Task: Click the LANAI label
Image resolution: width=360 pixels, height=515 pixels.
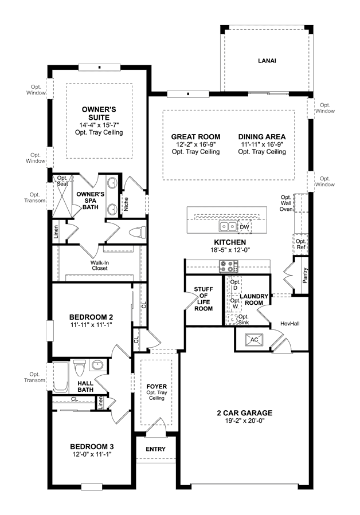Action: tap(267, 61)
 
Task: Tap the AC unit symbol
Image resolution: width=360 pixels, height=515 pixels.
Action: tap(254, 340)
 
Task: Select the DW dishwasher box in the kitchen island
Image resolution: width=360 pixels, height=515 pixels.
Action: tap(244, 227)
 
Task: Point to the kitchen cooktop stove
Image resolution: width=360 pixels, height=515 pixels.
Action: tap(229, 266)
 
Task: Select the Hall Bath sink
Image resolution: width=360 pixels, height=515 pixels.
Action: tap(97, 364)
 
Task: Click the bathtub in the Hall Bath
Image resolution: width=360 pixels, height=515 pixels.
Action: tap(61, 378)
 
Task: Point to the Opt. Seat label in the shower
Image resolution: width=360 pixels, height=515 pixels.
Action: tap(62, 181)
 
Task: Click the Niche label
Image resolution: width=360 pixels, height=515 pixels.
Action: tap(126, 204)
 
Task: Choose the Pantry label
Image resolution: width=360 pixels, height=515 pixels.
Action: tap(305, 275)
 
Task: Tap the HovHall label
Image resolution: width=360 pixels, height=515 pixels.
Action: tap(290, 324)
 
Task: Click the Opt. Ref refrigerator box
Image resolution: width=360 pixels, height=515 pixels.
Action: tap(300, 245)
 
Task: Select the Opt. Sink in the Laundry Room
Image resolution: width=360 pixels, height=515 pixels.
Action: tap(232, 319)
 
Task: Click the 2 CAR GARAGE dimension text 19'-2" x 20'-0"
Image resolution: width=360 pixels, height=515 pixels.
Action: tap(245, 420)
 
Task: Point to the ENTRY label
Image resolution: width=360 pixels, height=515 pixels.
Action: tap(155, 449)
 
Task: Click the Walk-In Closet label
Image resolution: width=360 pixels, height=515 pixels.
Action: tap(100, 265)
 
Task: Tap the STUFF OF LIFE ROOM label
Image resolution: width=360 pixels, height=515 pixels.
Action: tap(204, 298)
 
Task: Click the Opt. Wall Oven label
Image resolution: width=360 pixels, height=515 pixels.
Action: tap(286, 203)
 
